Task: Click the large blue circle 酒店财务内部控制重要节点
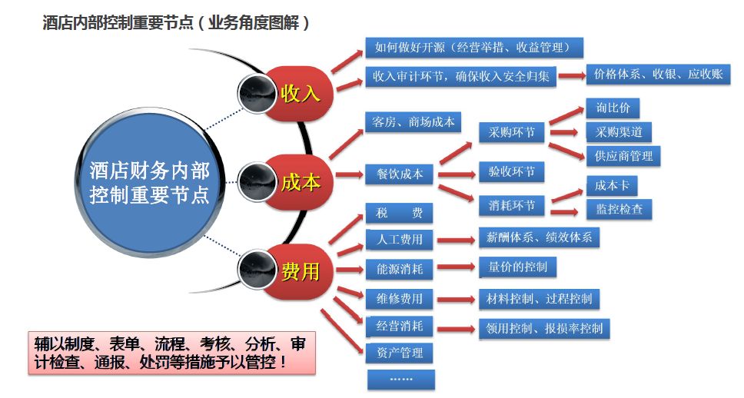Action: [149, 182]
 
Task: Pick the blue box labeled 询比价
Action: [613, 108]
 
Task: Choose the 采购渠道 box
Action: [619, 131]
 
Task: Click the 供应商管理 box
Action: [623, 155]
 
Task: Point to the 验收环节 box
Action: [511, 172]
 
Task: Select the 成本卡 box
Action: [612, 185]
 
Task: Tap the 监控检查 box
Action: [619, 208]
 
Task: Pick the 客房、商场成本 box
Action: [413, 121]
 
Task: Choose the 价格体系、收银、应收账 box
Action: [658, 75]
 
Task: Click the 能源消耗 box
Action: [400, 269]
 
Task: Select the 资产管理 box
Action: [400, 353]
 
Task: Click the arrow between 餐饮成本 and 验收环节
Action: [455, 174]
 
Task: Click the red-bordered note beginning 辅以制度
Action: [171, 353]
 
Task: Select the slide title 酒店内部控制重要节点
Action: [176, 23]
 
